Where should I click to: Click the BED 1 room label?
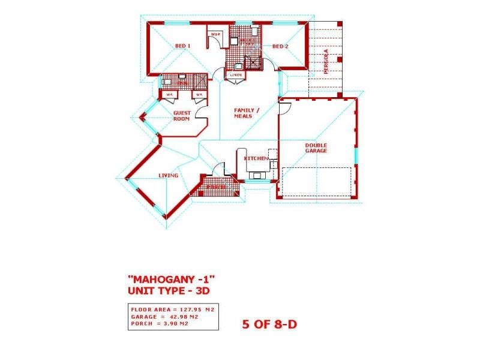[x=182, y=46]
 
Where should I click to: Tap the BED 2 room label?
[x=281, y=46]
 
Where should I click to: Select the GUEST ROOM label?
[x=182, y=116]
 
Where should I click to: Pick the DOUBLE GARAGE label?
[x=316, y=148]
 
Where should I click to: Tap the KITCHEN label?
[x=255, y=158]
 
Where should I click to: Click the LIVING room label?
[x=169, y=175]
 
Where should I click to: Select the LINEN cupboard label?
[x=235, y=75]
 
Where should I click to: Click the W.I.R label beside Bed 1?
[x=215, y=35]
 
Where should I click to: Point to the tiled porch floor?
[x=217, y=188]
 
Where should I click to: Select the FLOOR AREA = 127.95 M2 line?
[x=173, y=310]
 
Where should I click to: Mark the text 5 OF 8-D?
[x=269, y=325]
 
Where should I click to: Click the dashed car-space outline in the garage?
[x=317, y=181]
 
